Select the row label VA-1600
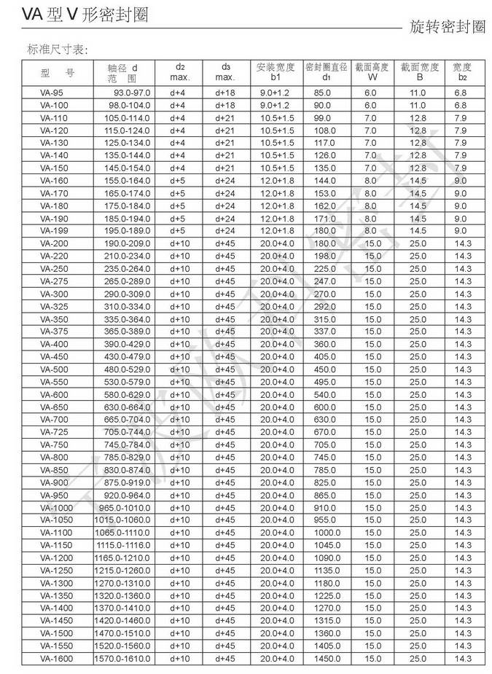56,659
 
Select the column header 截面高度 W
372,72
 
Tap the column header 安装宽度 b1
276,72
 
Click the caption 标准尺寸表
57,50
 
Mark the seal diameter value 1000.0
325,533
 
